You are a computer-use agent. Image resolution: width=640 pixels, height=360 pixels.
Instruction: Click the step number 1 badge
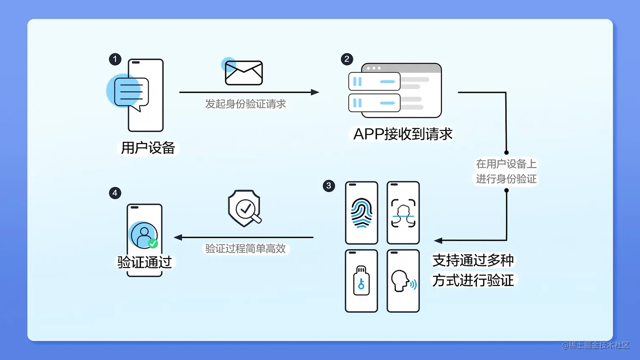115,59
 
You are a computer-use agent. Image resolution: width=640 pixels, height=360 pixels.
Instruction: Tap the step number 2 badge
347,59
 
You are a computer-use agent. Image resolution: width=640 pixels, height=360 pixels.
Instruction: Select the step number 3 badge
329,186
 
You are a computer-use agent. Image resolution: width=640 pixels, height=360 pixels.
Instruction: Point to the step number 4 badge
115,193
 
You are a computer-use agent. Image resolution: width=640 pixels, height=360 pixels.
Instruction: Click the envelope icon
244,73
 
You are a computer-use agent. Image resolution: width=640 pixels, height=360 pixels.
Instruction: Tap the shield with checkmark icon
244,208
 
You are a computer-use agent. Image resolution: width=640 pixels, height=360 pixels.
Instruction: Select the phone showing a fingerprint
361,213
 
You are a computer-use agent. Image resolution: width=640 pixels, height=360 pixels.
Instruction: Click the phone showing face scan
403,213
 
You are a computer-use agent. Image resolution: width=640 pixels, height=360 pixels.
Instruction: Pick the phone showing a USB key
361,281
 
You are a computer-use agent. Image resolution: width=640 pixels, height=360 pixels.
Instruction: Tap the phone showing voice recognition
403,281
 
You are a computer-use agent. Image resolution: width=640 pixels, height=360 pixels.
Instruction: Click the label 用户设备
148,148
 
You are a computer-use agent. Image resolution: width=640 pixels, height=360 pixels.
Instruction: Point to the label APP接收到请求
403,134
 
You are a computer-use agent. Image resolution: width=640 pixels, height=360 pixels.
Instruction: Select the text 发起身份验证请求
246,104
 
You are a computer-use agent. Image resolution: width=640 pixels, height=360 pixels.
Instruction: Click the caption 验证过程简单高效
246,249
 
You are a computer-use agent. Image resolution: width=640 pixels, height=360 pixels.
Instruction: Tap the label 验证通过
145,262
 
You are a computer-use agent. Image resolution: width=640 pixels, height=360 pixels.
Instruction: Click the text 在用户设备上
506,164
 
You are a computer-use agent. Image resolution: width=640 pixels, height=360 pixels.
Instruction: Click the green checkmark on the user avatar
153,244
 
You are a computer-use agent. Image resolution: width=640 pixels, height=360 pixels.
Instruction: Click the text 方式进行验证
473,280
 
